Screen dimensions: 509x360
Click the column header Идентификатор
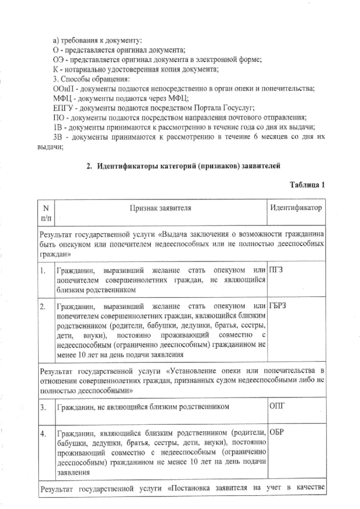[x=296, y=208]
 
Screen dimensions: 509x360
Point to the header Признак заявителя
[x=160, y=208]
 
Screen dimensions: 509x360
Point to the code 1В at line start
[x=57, y=127]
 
